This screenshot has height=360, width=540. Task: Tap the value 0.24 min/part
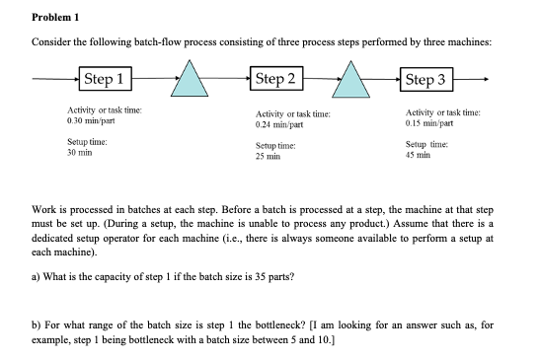(x=278, y=126)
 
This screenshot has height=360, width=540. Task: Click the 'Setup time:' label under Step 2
(x=276, y=147)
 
